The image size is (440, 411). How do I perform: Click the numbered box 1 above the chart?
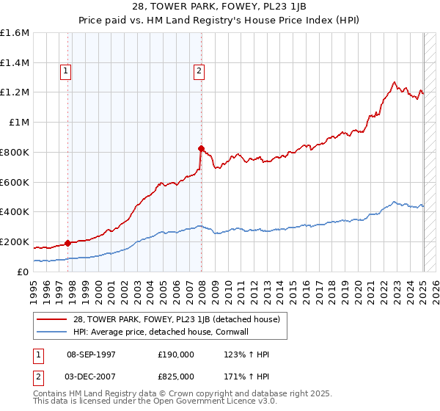pyautogui.click(x=66, y=71)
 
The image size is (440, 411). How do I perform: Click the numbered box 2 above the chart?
pyautogui.click(x=199, y=71)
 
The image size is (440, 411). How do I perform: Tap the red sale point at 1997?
pyautogui.click(x=68, y=243)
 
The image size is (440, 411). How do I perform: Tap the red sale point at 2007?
pyautogui.click(x=201, y=148)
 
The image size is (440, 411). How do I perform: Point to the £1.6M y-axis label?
pyautogui.click(x=15, y=33)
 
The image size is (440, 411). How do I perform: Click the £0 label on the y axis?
pyautogui.click(x=24, y=272)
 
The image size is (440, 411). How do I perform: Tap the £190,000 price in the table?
pyautogui.click(x=176, y=354)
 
